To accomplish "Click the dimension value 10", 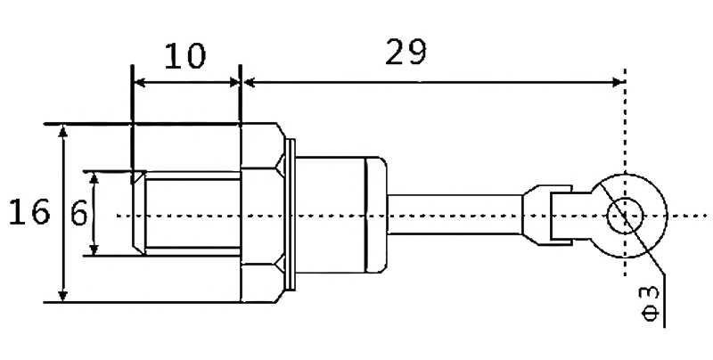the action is [x=184, y=56].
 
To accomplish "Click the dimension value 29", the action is [x=406, y=52].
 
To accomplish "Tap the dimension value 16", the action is [x=29, y=212].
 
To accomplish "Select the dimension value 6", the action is [x=79, y=213].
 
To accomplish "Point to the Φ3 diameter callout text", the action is [x=651, y=303].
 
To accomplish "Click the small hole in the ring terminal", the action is [x=626, y=216].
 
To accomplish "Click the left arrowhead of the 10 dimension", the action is [x=140, y=82].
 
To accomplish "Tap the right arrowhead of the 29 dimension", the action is [x=619, y=82].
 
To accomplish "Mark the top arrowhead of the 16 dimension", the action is [x=63, y=131].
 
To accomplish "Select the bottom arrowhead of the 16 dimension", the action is [x=63, y=296].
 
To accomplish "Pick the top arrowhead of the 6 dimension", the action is [x=94, y=178].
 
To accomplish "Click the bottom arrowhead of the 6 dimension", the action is [x=94, y=250].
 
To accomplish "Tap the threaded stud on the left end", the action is [x=186, y=214].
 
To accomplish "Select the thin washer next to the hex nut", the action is [x=291, y=214].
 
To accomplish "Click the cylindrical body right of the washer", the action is [x=341, y=215].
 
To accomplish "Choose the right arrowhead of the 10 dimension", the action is [x=234, y=82].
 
